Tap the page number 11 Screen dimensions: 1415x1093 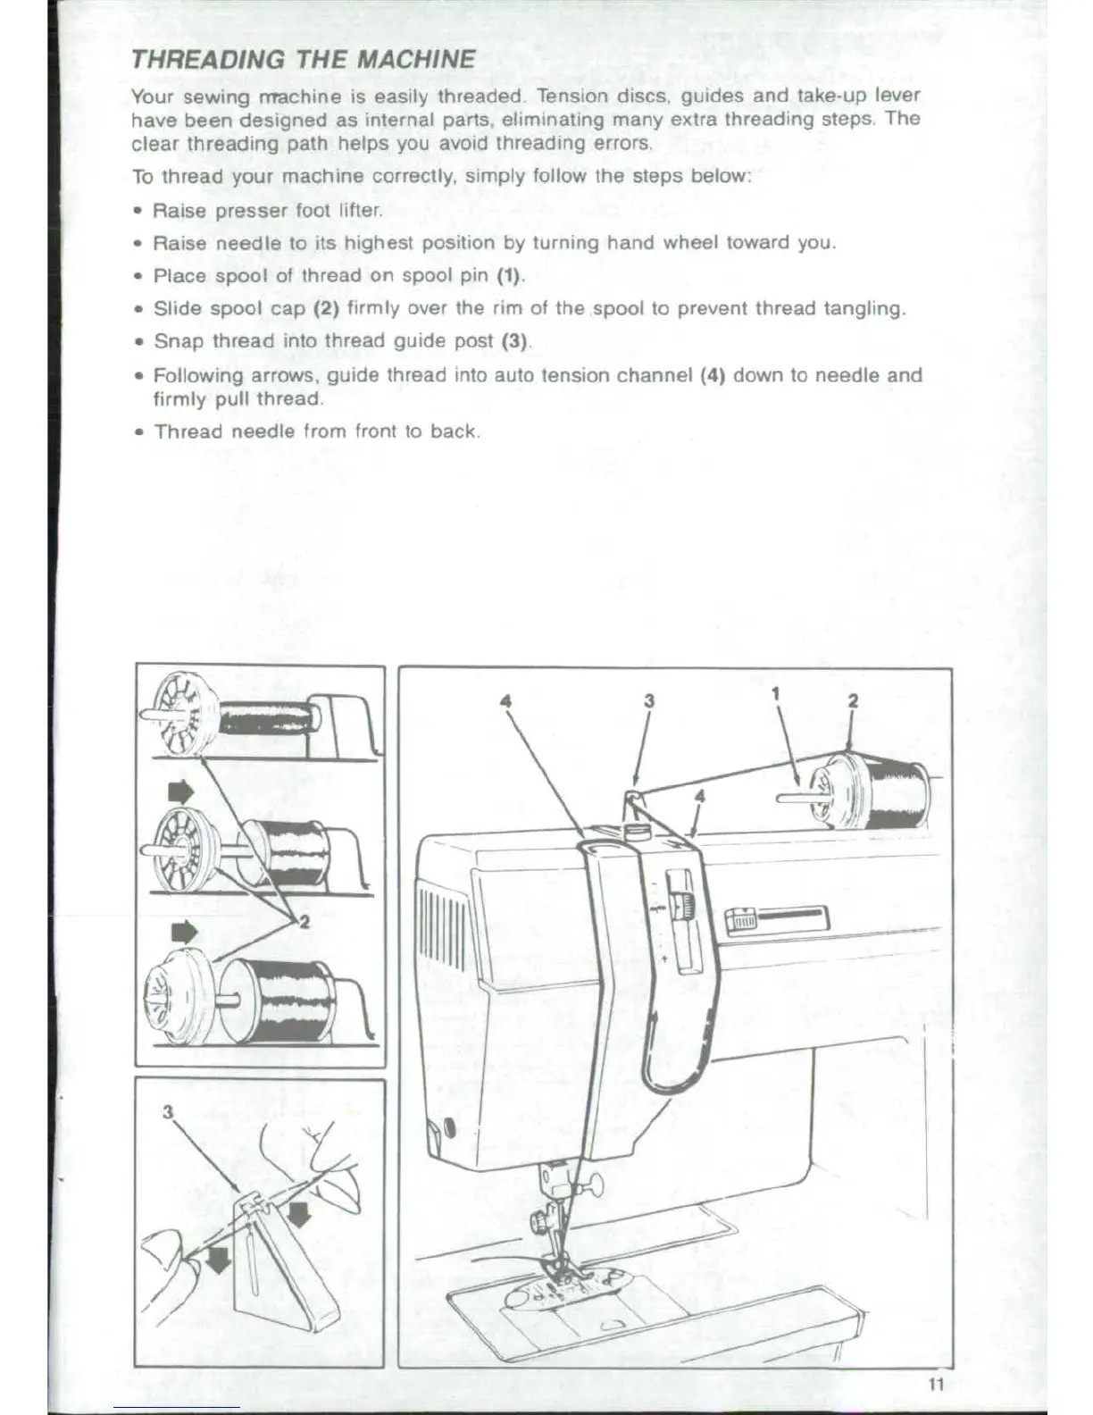click(x=936, y=1385)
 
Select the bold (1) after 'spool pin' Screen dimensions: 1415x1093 click(x=508, y=275)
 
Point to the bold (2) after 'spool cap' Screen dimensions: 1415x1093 click(x=323, y=308)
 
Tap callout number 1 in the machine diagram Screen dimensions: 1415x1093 click(x=776, y=692)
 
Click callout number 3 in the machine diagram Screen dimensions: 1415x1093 click(x=649, y=700)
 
